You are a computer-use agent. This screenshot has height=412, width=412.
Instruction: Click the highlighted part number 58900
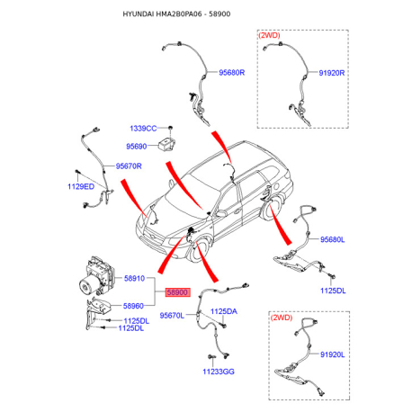pyautogui.click(x=178, y=292)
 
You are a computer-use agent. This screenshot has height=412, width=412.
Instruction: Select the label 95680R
pyautogui.click(x=231, y=73)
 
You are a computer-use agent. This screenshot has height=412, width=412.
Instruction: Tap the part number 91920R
pyautogui.click(x=331, y=73)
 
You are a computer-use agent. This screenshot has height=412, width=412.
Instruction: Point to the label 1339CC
pyautogui.click(x=143, y=129)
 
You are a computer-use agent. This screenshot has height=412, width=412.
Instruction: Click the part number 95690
pyautogui.click(x=137, y=147)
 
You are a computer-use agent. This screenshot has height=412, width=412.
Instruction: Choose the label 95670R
pyautogui.click(x=129, y=166)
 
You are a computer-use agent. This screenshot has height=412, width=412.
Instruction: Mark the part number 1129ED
pyautogui.click(x=81, y=186)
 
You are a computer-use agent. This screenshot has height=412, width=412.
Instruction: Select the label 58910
pyautogui.click(x=134, y=278)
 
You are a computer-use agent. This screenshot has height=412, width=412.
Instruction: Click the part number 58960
pyautogui.click(x=133, y=306)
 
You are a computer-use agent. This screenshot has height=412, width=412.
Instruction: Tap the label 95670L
pyautogui.click(x=172, y=316)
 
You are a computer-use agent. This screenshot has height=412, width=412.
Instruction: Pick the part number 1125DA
pyautogui.click(x=224, y=311)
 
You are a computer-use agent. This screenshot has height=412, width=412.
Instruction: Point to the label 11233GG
pyautogui.click(x=219, y=372)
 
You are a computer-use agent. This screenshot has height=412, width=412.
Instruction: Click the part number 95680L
pyautogui.click(x=333, y=239)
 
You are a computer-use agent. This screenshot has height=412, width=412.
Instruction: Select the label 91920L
pyautogui.click(x=333, y=354)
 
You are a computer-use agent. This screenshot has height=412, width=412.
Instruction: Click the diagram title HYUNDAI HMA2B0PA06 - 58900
pyautogui.click(x=176, y=14)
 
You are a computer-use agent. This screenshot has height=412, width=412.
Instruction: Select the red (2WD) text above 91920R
pyautogui.click(x=269, y=35)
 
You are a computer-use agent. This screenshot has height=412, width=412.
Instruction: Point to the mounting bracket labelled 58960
pyautogui.click(x=97, y=312)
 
